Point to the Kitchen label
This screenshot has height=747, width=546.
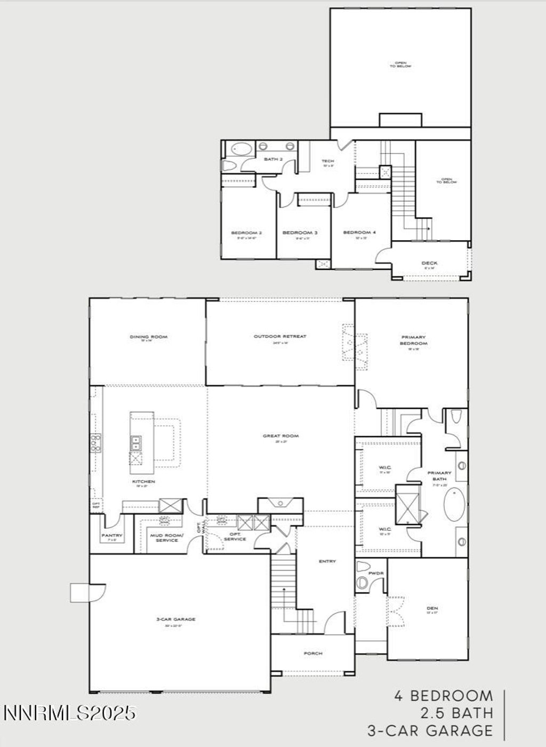(x=143, y=481)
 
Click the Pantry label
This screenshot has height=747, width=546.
(x=112, y=535)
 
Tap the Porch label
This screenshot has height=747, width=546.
(x=313, y=653)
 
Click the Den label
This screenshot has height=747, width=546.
(x=432, y=608)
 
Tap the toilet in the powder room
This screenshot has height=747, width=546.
(x=363, y=567)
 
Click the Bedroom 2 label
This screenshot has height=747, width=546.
(x=246, y=233)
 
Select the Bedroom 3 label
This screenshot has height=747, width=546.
(x=300, y=233)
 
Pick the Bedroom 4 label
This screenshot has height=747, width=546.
(x=359, y=233)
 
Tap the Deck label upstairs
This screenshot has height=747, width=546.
(x=429, y=263)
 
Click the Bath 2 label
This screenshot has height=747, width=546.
(x=273, y=160)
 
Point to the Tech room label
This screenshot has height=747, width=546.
(x=327, y=161)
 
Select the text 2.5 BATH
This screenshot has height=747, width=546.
(x=456, y=713)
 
